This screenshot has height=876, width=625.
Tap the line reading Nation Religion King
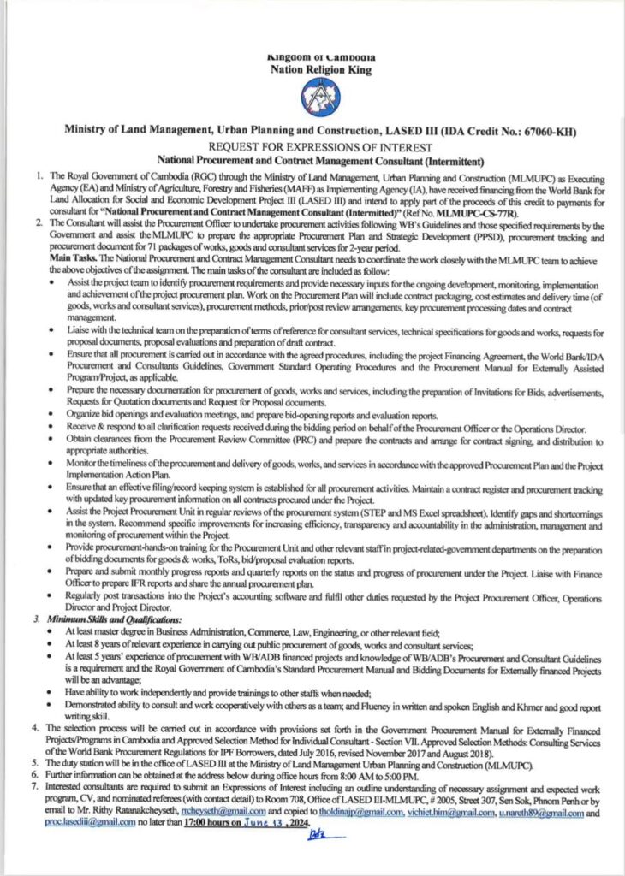(321, 71)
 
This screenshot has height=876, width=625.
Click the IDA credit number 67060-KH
(534, 133)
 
